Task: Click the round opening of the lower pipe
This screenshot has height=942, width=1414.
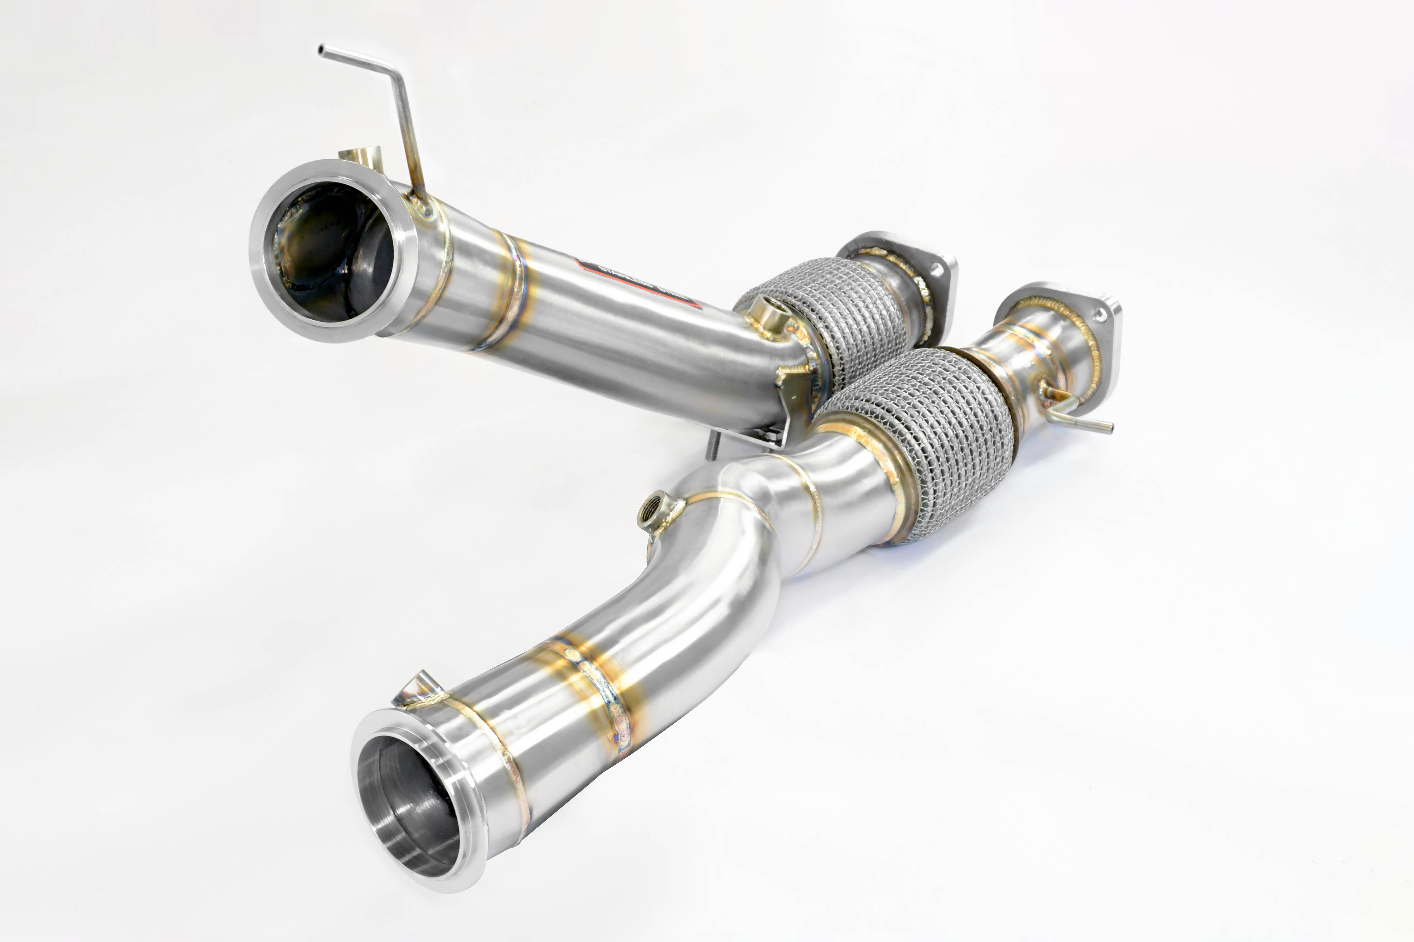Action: click(409, 805)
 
